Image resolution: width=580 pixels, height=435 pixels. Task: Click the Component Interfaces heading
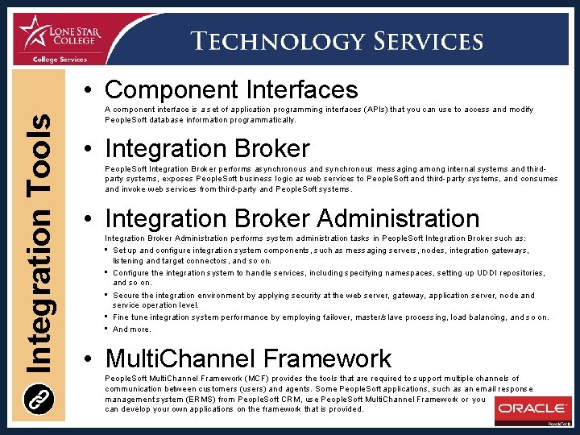231,89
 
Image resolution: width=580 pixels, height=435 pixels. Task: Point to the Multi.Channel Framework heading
248,358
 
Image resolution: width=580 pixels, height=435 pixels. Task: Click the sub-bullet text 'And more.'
132,329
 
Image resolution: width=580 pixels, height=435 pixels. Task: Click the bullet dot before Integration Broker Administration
94,219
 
